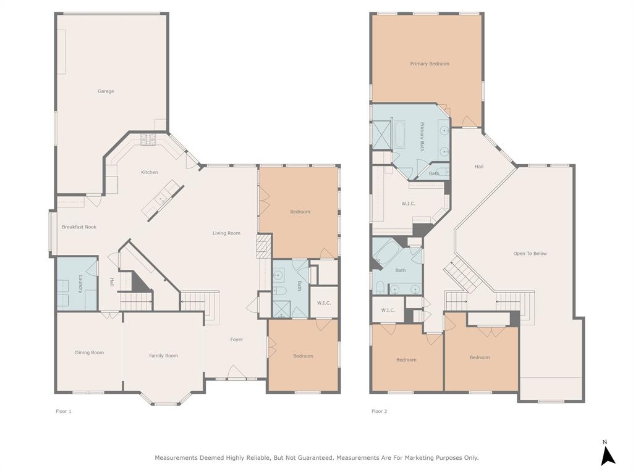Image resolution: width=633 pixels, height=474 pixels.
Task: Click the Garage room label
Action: (106, 91)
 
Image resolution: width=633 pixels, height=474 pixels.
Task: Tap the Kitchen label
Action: (150, 172)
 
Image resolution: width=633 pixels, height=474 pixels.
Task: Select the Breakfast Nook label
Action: (79, 227)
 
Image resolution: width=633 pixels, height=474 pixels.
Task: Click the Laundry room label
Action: (80, 284)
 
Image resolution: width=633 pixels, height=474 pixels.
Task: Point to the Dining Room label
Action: (90, 353)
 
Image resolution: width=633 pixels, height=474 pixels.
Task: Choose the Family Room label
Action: (163, 355)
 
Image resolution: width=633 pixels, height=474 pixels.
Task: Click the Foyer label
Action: (237, 339)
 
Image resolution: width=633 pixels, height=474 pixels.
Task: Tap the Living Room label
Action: (226, 233)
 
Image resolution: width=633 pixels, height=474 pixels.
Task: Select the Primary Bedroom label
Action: (430, 64)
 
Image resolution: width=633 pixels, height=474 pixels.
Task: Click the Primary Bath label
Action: (423, 137)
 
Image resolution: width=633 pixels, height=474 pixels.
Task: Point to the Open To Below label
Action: (530, 254)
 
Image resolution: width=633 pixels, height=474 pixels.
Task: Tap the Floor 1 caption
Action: (64, 411)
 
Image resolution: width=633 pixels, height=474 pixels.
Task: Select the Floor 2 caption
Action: (379, 411)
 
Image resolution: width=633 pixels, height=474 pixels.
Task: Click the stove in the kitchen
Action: (148, 140)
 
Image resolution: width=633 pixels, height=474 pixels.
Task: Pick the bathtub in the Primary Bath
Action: (399, 135)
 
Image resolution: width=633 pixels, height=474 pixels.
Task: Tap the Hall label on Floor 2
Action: (479, 167)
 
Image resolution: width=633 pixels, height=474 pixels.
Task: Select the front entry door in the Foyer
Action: (237, 373)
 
